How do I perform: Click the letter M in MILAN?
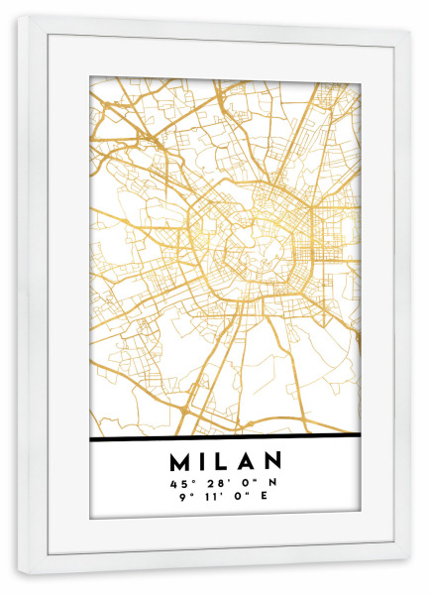click(182, 461)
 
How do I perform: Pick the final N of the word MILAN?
click(272, 461)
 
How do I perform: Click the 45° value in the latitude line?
click(179, 483)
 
